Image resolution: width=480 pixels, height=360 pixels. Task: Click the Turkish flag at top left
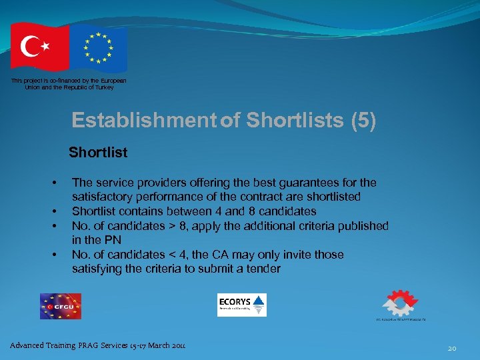coord(39,47)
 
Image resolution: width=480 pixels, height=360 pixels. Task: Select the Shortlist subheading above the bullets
coord(98,152)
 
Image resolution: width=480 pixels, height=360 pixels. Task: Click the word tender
coord(263,269)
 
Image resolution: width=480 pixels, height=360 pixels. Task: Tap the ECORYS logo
coord(241,305)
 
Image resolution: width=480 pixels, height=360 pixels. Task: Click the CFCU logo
coord(60,306)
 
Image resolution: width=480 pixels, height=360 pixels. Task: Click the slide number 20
coord(452,348)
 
